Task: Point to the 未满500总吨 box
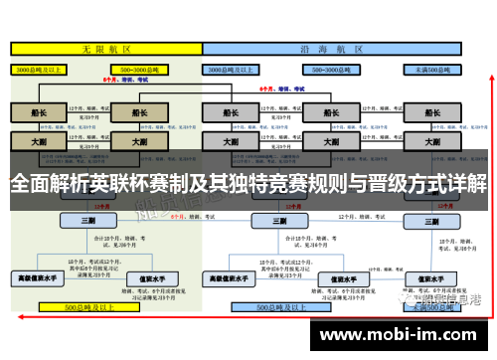click(433, 71)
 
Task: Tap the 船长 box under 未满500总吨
click(433, 112)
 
